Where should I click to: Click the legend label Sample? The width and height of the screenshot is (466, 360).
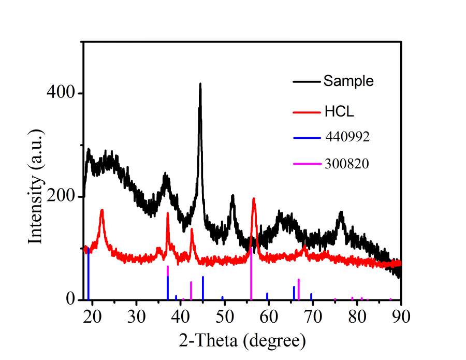348,81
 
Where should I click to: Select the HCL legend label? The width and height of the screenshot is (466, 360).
339,111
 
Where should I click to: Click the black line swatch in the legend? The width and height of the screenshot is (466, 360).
307,82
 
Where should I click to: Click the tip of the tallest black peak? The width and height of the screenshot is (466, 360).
200,84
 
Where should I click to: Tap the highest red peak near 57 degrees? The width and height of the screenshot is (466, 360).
254,199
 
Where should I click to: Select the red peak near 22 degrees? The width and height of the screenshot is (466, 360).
102,210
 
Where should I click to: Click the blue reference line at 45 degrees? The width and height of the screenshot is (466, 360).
202,288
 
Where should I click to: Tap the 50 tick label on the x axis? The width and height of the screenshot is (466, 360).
224,316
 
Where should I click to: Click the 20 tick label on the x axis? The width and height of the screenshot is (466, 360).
92,316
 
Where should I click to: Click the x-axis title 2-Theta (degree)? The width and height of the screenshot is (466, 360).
242,340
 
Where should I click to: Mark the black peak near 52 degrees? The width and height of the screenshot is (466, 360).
233,196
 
